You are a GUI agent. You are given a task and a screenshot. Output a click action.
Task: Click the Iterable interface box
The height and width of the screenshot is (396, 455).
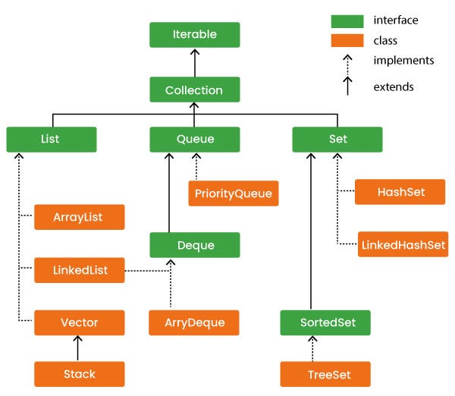tap(195, 35)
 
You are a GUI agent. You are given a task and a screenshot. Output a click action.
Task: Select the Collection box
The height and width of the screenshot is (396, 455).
tap(195, 90)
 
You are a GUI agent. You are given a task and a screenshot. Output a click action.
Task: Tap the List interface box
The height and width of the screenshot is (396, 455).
tap(52, 140)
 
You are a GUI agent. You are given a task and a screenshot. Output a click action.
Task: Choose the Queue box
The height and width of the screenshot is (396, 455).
tap(195, 140)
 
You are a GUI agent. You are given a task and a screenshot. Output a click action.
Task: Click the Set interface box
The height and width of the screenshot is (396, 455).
tap(337, 140)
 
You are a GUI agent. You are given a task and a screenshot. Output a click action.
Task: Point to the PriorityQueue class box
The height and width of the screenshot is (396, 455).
tap(234, 193)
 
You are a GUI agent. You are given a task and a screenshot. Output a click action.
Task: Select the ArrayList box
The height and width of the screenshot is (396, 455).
tap(79, 218)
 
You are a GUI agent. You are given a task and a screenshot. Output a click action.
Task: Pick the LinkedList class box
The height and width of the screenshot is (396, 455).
tap(79, 270)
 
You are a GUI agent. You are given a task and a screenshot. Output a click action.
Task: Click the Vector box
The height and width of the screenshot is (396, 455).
tap(79, 322)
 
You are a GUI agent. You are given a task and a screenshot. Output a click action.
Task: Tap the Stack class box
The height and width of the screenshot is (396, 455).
tap(79, 374)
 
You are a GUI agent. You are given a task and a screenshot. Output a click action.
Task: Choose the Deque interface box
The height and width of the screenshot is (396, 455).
tap(195, 245)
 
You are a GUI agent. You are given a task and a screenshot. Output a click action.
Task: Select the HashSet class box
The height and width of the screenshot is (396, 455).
tap(400, 193)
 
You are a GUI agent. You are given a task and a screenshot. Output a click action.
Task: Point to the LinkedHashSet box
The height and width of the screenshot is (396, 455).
tap(402, 244)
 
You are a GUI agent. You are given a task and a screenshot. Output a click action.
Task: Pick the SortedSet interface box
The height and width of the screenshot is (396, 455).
tap(325, 322)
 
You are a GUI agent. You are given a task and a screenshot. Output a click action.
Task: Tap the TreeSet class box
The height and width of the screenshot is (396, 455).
tap(325, 374)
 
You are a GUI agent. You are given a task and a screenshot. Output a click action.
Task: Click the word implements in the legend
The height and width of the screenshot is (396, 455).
tap(403, 60)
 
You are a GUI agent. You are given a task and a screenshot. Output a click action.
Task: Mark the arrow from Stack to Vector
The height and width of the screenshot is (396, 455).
tap(79, 348)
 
